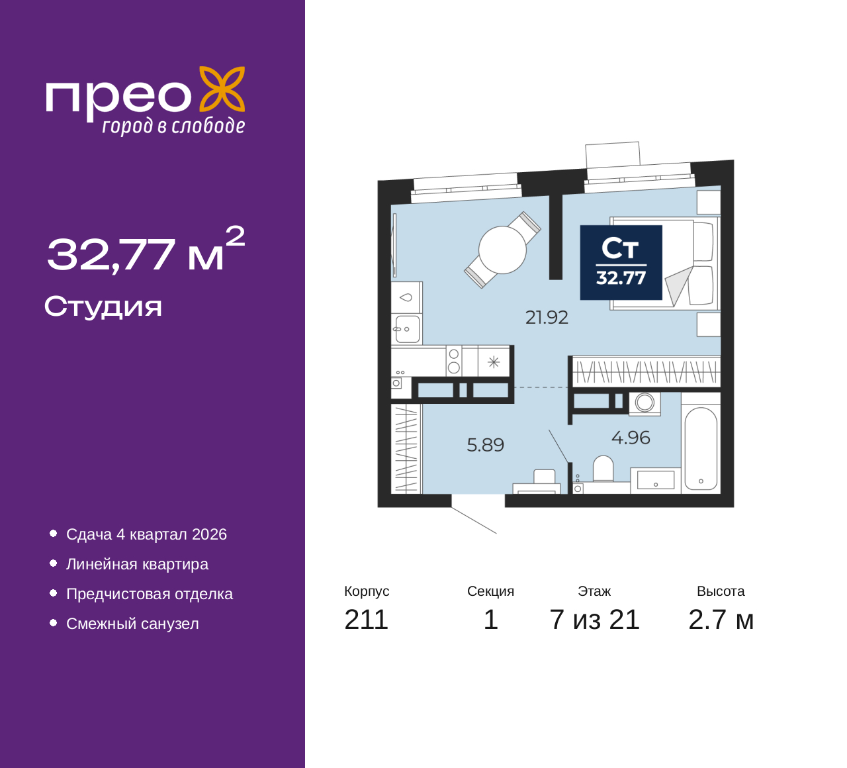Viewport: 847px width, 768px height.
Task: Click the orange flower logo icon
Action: [x=222, y=89]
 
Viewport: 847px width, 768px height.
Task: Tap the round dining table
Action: [x=502, y=250]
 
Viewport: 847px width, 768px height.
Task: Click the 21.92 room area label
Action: [x=547, y=318]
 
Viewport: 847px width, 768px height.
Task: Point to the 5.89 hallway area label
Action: [x=485, y=445]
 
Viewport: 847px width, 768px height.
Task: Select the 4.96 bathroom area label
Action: [x=630, y=438]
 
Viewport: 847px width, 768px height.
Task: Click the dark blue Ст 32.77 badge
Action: [x=621, y=262]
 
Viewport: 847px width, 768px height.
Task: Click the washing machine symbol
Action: [x=645, y=403]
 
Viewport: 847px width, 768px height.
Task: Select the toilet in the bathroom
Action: [x=603, y=469]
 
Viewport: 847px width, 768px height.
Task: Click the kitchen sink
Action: [x=407, y=328]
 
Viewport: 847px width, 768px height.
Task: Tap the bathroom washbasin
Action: [x=655, y=479]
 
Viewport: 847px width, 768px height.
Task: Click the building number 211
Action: [x=366, y=620]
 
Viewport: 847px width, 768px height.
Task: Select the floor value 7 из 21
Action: [x=594, y=620]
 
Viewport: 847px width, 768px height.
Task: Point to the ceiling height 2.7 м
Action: [x=721, y=620]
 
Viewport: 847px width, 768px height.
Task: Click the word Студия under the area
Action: [x=103, y=307]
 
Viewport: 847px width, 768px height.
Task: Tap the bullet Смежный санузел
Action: [x=132, y=624]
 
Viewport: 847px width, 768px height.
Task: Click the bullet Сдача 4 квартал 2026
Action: [x=146, y=534]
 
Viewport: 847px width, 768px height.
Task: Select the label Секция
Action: [x=490, y=591]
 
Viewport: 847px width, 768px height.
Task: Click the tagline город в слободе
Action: [x=173, y=126]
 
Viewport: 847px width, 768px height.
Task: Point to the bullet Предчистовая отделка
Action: [x=150, y=594]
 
